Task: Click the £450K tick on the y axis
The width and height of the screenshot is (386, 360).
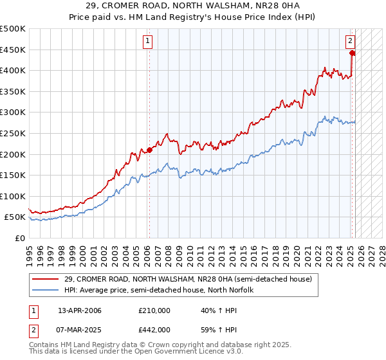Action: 14,50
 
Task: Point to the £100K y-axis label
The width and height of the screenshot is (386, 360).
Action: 14,196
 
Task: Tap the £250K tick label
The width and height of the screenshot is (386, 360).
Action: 14,133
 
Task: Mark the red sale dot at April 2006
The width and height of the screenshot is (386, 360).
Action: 149,150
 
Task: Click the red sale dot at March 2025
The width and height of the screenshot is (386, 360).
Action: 352,53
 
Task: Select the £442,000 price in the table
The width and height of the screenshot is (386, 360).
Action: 154,329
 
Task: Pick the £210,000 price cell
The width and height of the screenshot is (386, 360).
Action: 154,310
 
